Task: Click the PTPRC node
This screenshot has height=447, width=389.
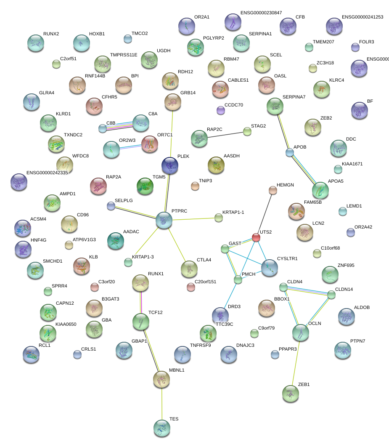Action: [x=164, y=220]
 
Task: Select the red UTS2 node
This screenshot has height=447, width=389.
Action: [x=256, y=237]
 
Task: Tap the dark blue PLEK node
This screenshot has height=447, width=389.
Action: [x=170, y=165]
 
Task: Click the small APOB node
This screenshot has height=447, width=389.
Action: [x=289, y=152]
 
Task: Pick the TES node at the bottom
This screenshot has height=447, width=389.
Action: [x=162, y=428]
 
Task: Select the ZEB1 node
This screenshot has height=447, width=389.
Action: [x=290, y=394]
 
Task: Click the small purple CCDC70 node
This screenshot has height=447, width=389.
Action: [x=221, y=110]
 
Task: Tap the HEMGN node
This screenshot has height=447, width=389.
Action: [x=273, y=191]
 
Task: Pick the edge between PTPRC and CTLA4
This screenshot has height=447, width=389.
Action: [x=177, y=244]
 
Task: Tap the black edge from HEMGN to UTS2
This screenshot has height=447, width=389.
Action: [x=265, y=214]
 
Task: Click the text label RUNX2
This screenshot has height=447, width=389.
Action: [x=51, y=34]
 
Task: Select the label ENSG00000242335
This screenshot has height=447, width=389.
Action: [x=47, y=173]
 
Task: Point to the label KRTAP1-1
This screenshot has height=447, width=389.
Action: [x=233, y=213]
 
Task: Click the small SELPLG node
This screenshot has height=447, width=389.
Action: [x=111, y=206]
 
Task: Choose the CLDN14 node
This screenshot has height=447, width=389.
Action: [x=331, y=295]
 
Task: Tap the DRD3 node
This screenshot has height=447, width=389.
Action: [x=220, y=315]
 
